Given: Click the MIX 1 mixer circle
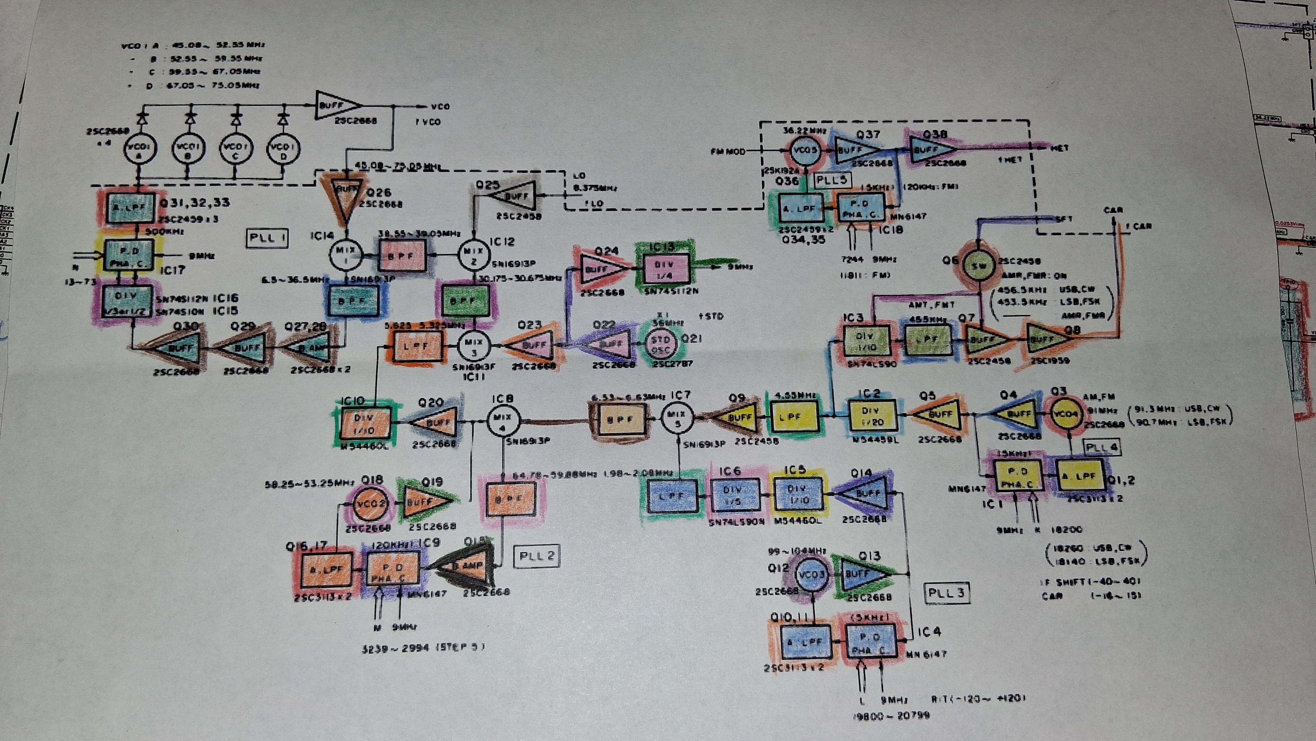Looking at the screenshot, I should [x=345, y=254].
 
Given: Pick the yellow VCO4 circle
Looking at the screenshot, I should [x=1065, y=414].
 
